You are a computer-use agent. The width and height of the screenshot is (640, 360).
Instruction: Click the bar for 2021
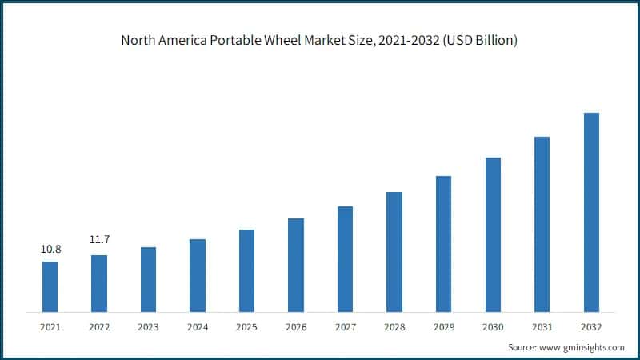tap(50, 286)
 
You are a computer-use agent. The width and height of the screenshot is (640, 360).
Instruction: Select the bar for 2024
tap(198, 275)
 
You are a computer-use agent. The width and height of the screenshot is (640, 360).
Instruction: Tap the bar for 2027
tap(345, 258)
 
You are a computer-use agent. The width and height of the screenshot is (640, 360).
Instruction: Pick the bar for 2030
tap(493, 234)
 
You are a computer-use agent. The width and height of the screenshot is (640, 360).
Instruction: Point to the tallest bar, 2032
tap(591, 212)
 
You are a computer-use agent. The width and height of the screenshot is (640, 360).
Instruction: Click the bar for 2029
tap(443, 243)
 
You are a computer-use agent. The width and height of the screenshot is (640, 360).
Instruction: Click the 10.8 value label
tap(50, 250)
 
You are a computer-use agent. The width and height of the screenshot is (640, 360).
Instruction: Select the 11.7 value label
tap(99, 239)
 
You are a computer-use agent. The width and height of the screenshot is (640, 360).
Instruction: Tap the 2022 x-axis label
tap(99, 326)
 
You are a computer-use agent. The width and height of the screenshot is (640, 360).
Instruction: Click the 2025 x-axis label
tap(246, 326)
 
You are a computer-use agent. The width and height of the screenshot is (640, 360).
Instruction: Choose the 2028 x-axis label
tap(394, 326)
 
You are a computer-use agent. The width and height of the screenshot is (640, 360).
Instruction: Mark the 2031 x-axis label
tap(542, 326)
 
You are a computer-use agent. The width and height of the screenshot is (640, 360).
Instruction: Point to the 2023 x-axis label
tap(149, 326)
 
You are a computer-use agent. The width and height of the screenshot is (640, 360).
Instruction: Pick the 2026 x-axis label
tap(296, 326)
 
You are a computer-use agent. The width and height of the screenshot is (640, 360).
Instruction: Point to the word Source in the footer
tap(523, 347)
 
